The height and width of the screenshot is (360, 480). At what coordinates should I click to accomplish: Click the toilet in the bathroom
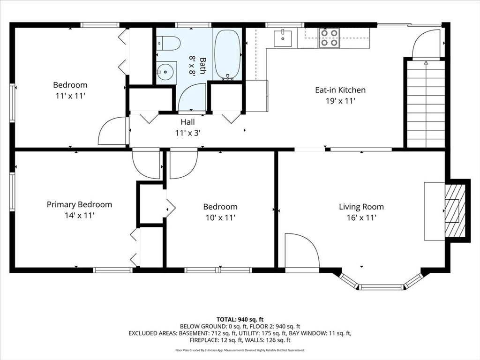pyautogui.click(x=168, y=44)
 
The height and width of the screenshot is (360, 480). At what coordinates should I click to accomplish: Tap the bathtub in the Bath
pyautogui.click(x=227, y=55)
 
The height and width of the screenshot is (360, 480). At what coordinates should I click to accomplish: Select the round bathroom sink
pyautogui.click(x=166, y=72)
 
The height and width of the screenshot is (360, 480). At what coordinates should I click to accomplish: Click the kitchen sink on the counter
pyautogui.click(x=283, y=38)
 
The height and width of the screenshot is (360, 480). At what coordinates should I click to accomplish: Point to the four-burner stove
pyautogui.click(x=329, y=37)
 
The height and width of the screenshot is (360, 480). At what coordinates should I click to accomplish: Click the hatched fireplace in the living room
pyautogui.click(x=455, y=211)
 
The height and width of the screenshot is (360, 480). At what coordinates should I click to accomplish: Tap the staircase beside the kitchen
pyautogui.click(x=426, y=104)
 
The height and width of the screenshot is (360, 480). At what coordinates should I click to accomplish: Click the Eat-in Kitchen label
pyautogui.click(x=340, y=90)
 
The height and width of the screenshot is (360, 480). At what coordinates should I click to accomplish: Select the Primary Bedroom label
pyautogui.click(x=79, y=204)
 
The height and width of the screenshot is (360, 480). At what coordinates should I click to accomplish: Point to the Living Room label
pyautogui.click(x=361, y=207)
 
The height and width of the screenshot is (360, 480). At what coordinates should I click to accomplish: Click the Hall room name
pyautogui.click(x=187, y=122)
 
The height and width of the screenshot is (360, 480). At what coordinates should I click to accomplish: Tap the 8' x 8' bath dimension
pyautogui.click(x=192, y=65)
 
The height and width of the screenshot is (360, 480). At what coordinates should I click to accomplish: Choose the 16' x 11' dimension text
pyautogui.click(x=361, y=217)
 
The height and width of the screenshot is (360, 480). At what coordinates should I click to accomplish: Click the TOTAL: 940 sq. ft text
pyautogui.click(x=240, y=320)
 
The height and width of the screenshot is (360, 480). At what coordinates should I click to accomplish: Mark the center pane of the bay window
pyautogui.click(x=382, y=287)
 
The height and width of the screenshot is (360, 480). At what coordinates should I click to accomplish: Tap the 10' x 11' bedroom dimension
pyautogui.click(x=220, y=217)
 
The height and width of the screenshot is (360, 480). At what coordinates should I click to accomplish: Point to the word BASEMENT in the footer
pyautogui.click(x=193, y=333)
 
